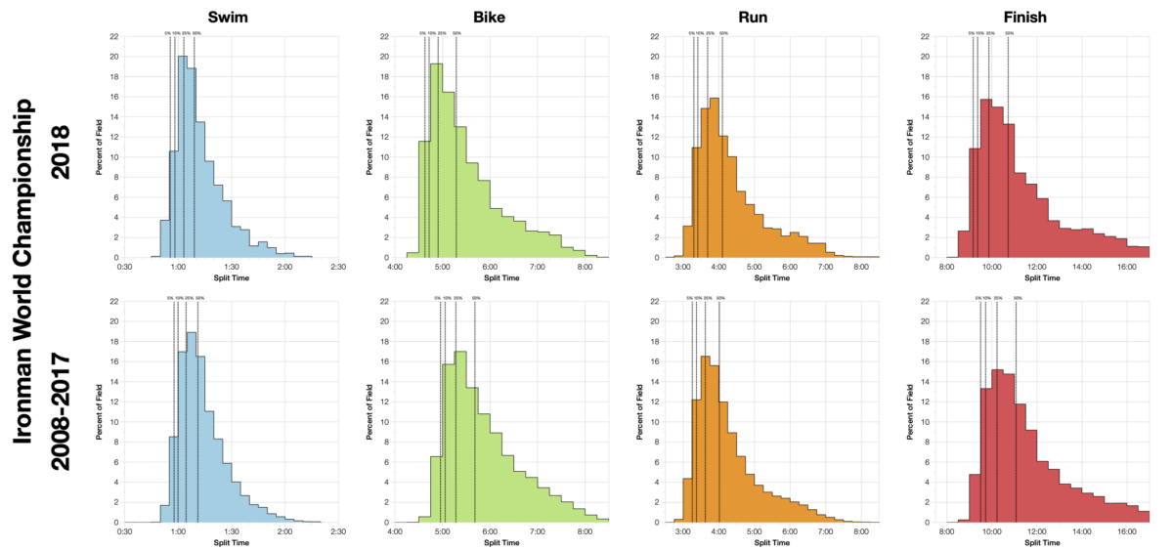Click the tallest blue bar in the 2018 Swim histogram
[182, 156]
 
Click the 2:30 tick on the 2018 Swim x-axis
[338, 266]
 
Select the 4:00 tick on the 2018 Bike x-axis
[396, 266]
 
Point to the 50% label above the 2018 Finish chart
[1009, 33]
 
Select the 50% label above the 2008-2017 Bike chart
[476, 298]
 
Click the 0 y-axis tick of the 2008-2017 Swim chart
[116, 523]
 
